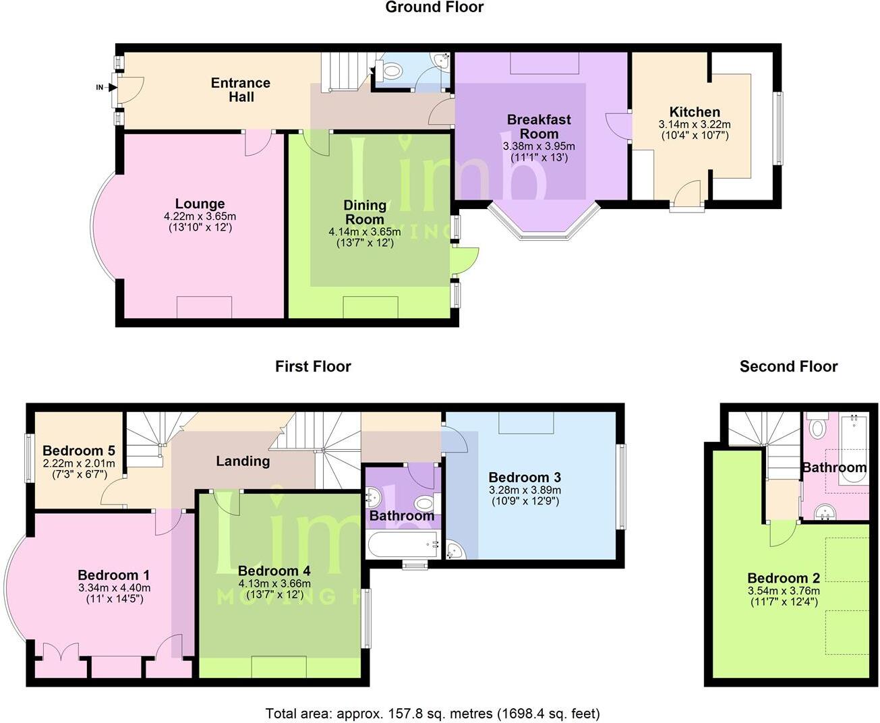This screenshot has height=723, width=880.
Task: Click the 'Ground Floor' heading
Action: (434, 7)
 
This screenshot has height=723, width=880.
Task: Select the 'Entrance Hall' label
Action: (241, 90)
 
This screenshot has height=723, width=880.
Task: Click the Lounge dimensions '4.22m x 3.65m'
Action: (200, 216)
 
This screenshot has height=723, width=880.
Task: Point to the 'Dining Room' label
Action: (365, 212)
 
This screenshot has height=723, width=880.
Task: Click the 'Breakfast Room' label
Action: (539, 126)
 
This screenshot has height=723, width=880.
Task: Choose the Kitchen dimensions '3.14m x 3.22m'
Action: (695, 125)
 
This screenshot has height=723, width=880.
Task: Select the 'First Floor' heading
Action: (313, 367)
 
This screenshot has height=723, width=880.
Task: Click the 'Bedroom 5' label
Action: (79, 451)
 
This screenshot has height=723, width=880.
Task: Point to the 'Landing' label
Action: (243, 461)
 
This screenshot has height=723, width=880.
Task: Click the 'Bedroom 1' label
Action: (114, 575)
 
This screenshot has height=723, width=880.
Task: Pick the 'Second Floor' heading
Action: (788, 367)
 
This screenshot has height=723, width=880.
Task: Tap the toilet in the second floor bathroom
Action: (817, 428)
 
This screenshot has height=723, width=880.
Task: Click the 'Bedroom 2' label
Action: (784, 578)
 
